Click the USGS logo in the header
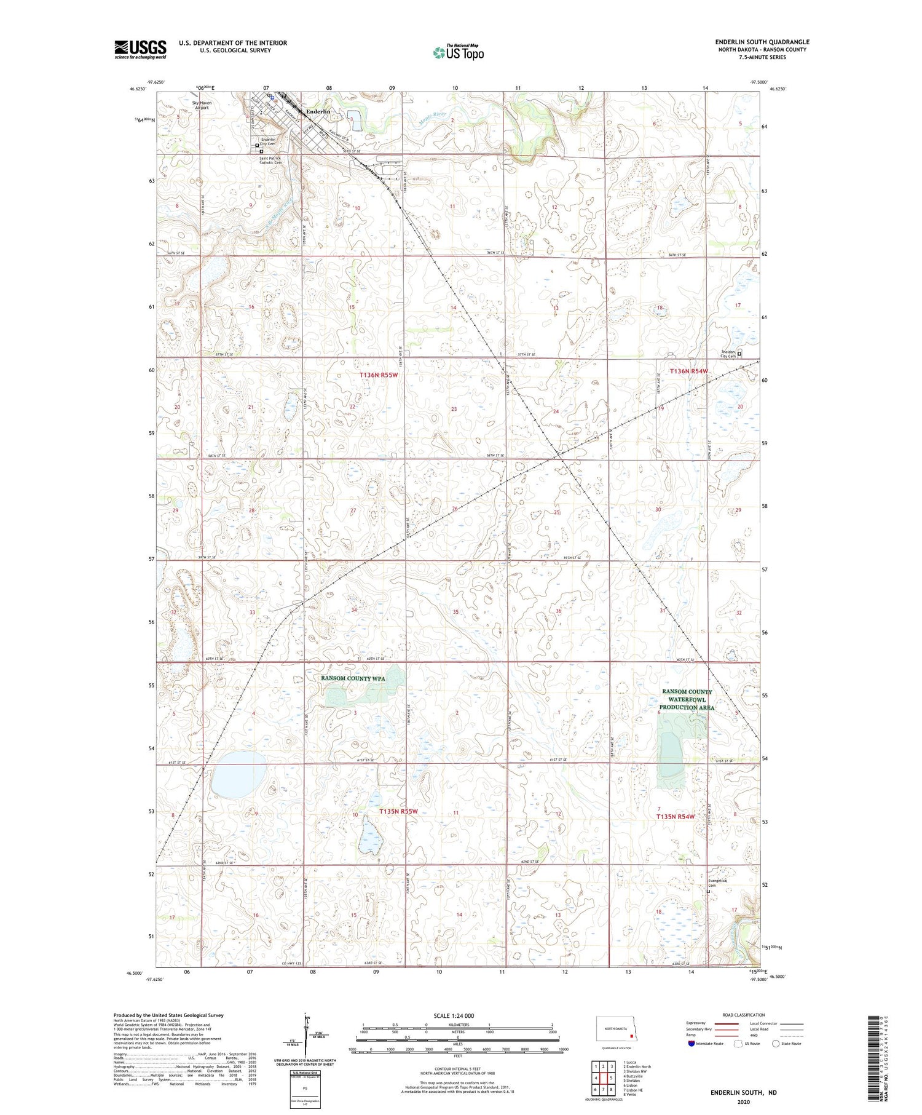pos(140,49)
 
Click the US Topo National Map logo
pos(458,52)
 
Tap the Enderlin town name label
pos(318,111)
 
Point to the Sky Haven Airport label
pos(202,105)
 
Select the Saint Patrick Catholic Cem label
pos(270,161)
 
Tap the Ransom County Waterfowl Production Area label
pos(687,699)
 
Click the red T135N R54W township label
pos(675,817)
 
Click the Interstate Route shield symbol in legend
pos(692,1044)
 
